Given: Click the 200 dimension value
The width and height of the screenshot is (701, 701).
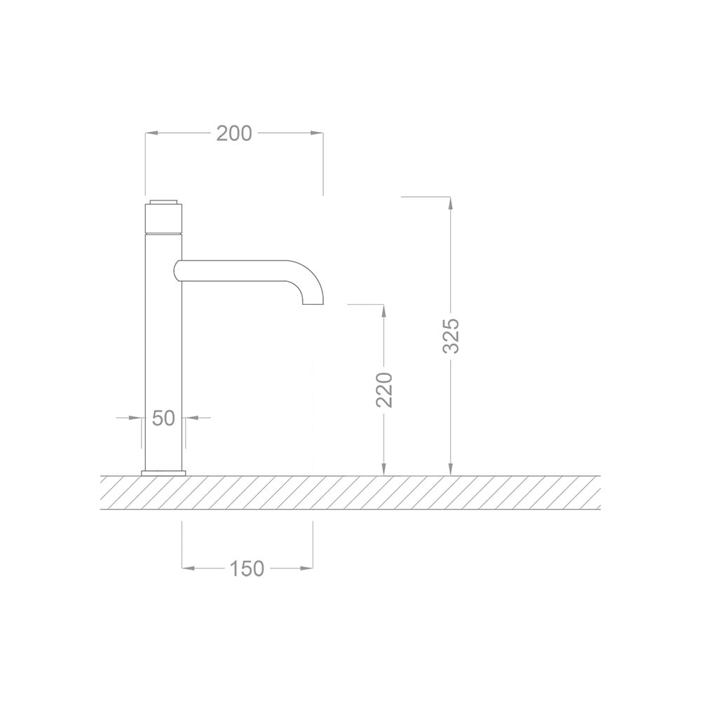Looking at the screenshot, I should (233, 133).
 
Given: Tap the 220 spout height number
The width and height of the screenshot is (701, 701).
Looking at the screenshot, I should (385, 390).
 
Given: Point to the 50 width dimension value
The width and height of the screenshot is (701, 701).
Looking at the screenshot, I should (163, 418).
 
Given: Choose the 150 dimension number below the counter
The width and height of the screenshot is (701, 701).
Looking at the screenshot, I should (247, 569).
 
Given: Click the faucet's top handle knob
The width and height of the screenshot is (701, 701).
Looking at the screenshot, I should (163, 217).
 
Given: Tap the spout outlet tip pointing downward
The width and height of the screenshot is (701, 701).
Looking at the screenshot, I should (313, 301).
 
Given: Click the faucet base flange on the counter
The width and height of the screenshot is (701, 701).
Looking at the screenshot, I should (163, 473).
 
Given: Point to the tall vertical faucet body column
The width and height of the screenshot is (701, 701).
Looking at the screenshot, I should (163, 350).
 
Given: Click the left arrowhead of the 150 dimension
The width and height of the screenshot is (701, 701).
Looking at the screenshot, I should (187, 569).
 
